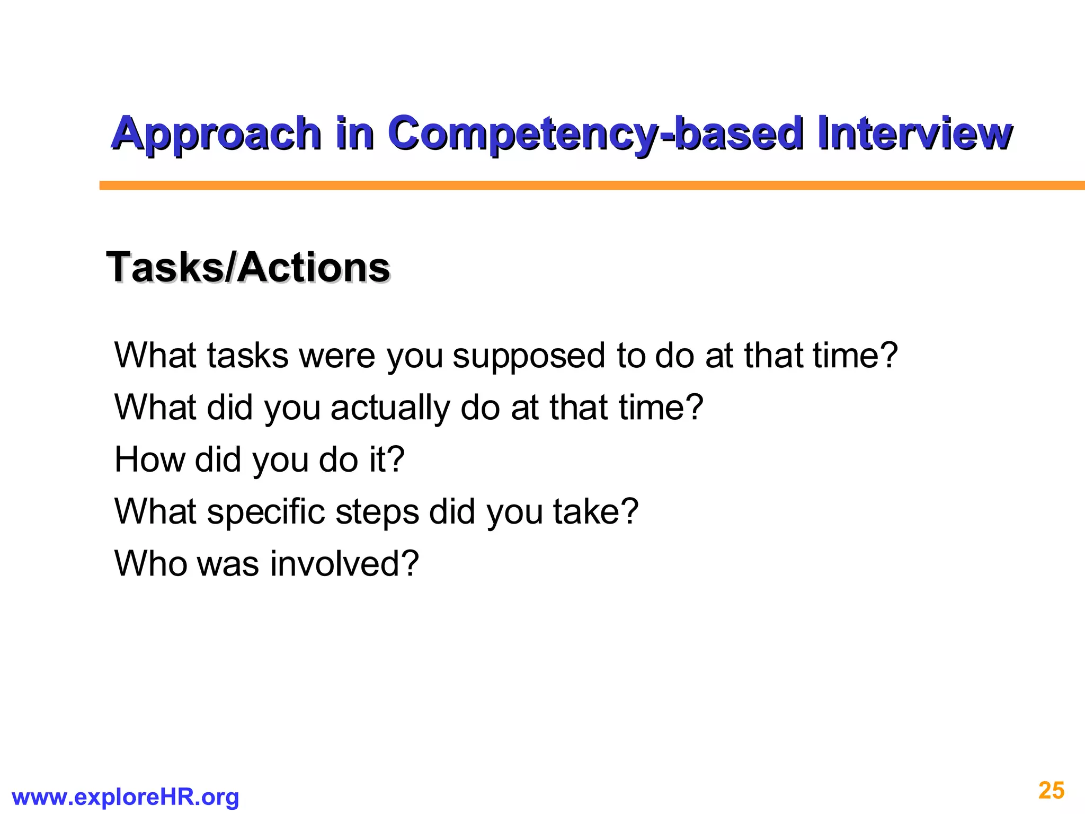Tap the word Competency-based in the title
[595, 134]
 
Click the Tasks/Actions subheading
[248, 268]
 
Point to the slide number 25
[1051, 790]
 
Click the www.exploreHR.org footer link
[125, 797]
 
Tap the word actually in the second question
[390, 408]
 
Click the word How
[149, 459]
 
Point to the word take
[584, 512]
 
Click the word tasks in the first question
[247, 356]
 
